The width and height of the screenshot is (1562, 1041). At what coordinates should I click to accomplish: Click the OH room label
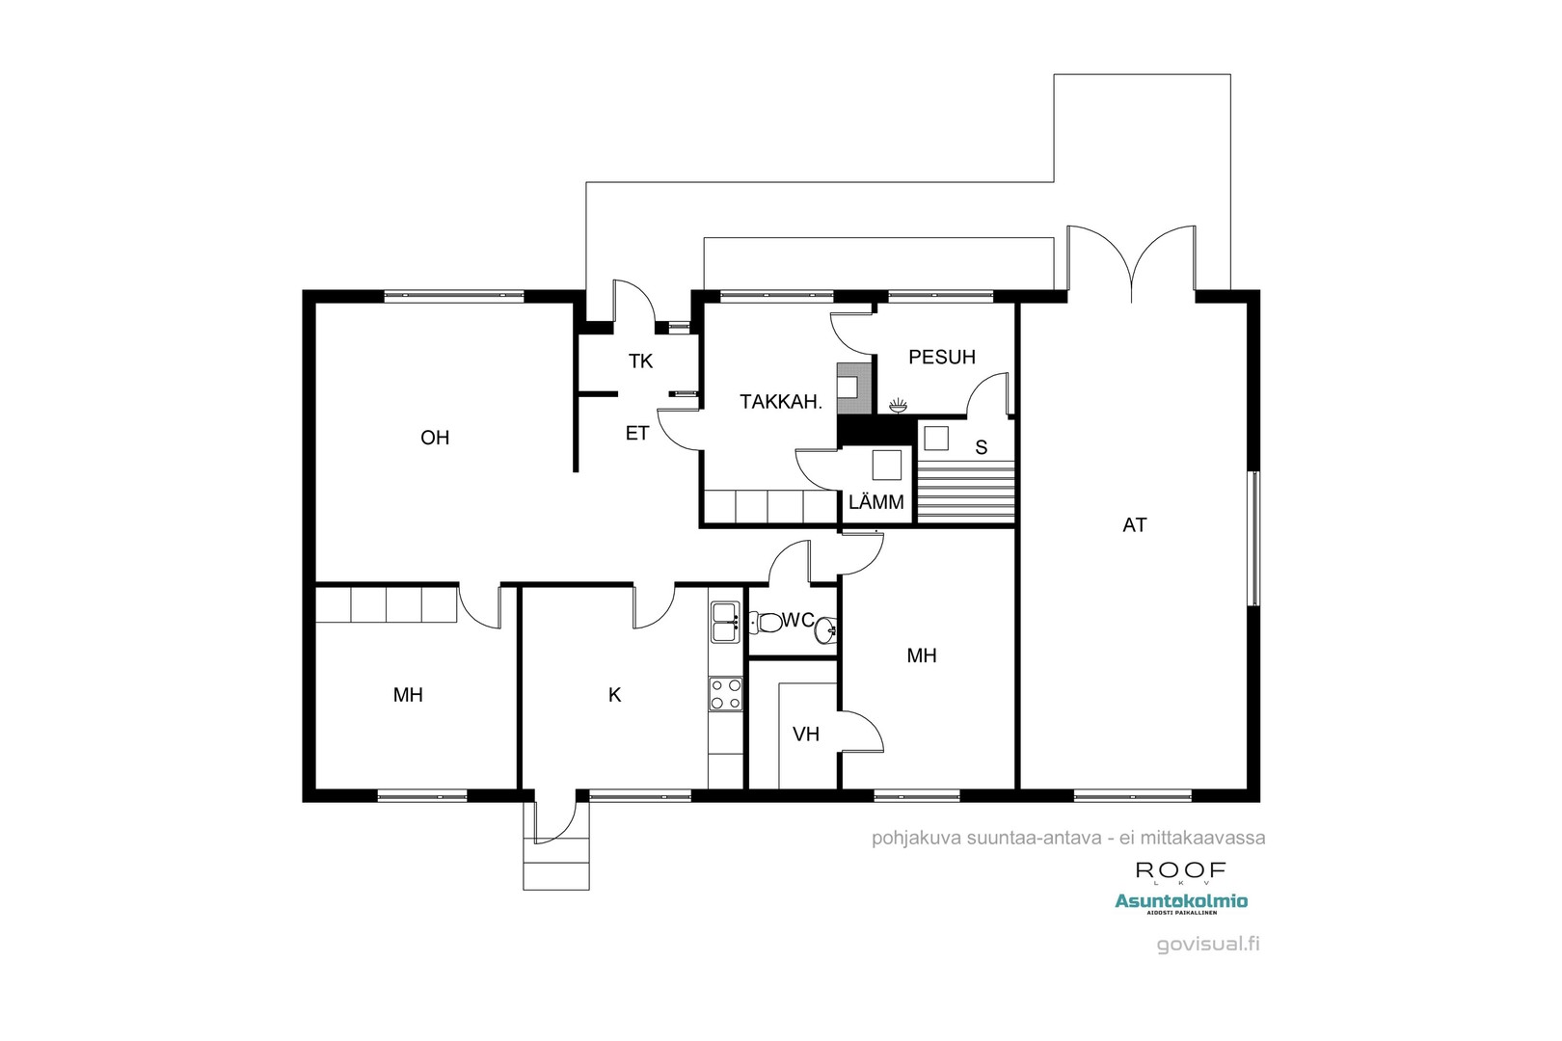pyautogui.click(x=435, y=438)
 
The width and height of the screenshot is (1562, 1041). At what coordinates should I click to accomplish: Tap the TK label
pyautogui.click(x=640, y=361)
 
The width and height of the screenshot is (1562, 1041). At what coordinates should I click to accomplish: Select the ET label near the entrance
pyautogui.click(x=637, y=434)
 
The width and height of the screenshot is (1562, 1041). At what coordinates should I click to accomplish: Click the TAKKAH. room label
pyautogui.click(x=781, y=403)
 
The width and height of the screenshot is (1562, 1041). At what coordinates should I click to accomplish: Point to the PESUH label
pyautogui.click(x=942, y=357)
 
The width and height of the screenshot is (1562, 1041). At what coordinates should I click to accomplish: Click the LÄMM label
pyautogui.click(x=876, y=502)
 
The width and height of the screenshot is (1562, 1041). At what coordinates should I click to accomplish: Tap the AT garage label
pyautogui.click(x=1135, y=525)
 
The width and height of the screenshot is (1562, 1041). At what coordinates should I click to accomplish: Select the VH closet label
pyautogui.click(x=806, y=734)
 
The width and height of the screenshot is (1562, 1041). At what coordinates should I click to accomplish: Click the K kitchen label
pyautogui.click(x=615, y=694)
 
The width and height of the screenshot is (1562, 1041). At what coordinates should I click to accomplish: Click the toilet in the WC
pyautogui.click(x=768, y=624)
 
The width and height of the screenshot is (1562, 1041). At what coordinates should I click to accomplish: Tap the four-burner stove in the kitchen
pyautogui.click(x=726, y=694)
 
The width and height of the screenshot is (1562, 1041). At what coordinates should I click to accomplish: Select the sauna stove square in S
pyautogui.click(x=936, y=439)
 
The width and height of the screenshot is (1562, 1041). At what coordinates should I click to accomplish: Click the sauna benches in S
pyautogui.click(x=966, y=491)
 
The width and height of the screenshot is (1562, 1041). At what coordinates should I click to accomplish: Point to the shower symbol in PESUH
pyautogui.click(x=898, y=406)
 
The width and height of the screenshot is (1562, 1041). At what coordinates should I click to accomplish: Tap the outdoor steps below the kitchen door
pyautogui.click(x=555, y=863)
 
